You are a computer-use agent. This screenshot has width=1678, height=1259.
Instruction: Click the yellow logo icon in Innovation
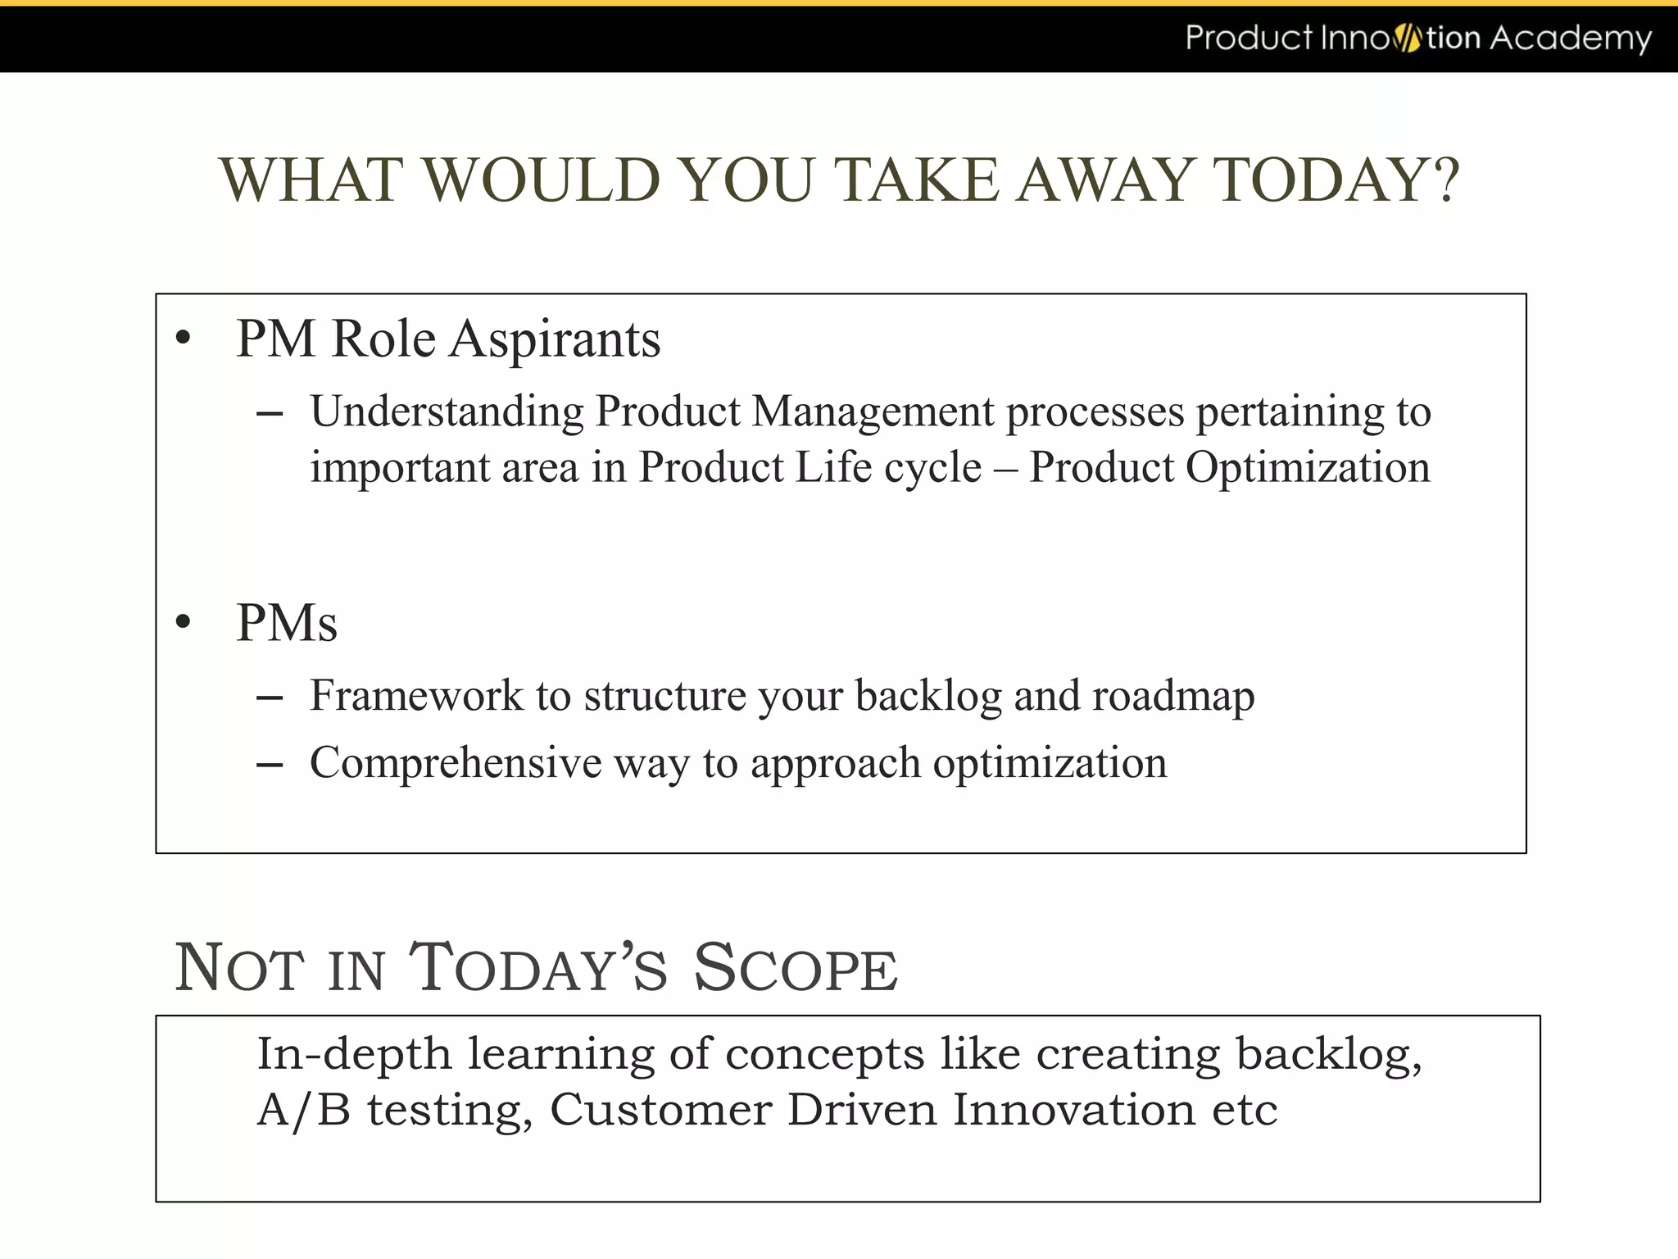[x=1407, y=39]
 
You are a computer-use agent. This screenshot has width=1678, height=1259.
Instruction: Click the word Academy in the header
[x=1570, y=39]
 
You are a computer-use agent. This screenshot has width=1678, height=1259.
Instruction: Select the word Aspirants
[x=555, y=339]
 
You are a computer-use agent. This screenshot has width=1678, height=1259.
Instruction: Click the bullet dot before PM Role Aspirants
[x=183, y=338]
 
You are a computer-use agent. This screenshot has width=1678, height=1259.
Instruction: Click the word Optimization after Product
[x=1307, y=467]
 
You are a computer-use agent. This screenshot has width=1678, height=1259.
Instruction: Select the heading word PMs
[x=286, y=623]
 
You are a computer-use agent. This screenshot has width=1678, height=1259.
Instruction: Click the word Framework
[x=415, y=695]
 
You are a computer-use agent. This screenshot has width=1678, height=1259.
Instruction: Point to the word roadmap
[x=1172, y=697]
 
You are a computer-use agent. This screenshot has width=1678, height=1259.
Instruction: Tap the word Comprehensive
[x=455, y=763]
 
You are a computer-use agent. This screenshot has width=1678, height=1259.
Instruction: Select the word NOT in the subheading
[x=238, y=968]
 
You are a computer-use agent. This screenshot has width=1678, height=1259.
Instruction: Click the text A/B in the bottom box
[x=303, y=1111]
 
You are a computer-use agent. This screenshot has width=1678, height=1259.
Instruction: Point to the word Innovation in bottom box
[x=1073, y=1110]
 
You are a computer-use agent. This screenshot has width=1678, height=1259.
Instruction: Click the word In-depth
[x=353, y=1054]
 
